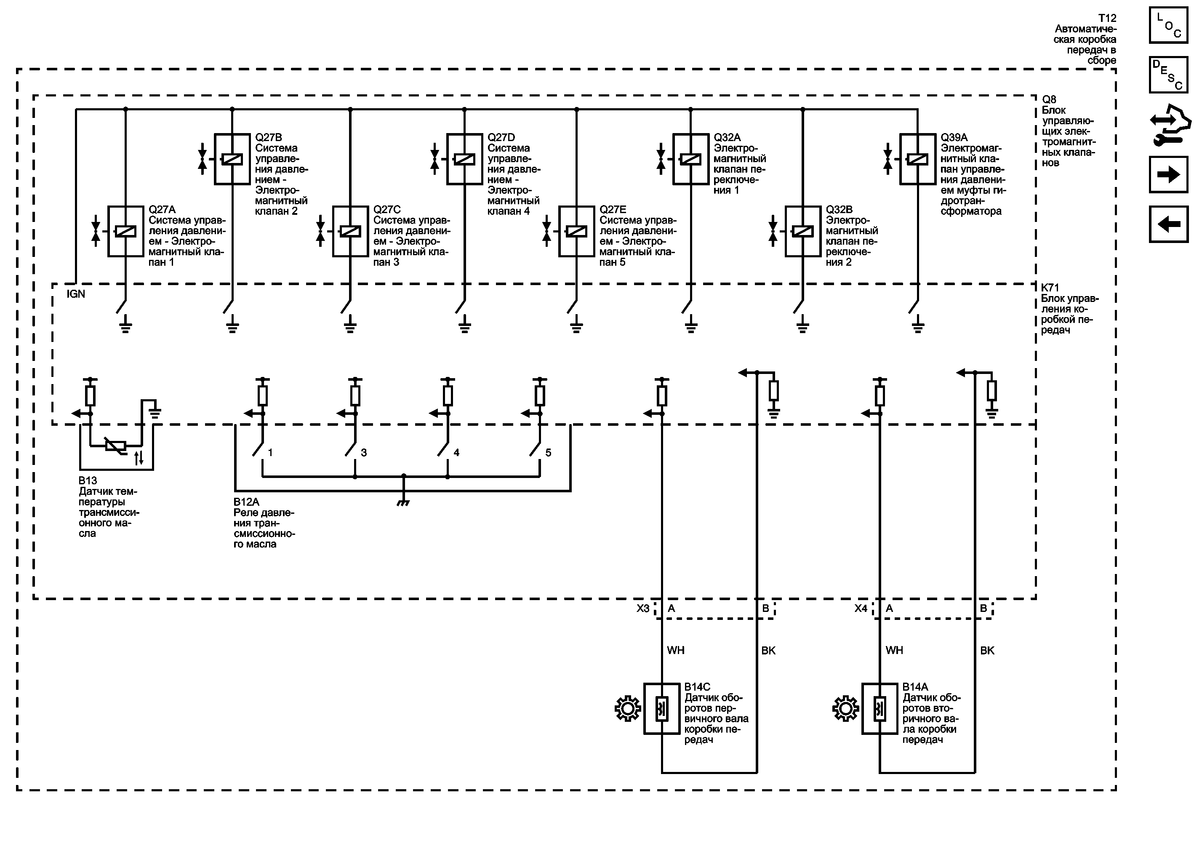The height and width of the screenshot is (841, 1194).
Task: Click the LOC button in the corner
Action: coord(1168,25)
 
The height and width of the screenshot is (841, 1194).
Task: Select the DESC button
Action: coord(1168,75)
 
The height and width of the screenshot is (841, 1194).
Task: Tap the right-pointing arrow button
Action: coord(1168,175)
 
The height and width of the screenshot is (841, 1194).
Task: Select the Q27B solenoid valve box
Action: coord(232,159)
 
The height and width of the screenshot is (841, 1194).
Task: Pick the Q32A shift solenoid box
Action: coord(690,159)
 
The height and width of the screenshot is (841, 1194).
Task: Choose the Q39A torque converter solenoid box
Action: coord(918,159)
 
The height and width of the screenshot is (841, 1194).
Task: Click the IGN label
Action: coord(76,294)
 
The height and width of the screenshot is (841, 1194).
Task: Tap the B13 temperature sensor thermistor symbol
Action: coord(115,445)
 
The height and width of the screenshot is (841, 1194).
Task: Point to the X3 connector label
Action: coord(643,609)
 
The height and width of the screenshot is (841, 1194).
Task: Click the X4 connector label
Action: coord(861,609)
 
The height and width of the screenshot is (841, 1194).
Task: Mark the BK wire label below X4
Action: coord(987,651)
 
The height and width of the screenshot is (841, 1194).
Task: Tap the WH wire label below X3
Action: coord(676,651)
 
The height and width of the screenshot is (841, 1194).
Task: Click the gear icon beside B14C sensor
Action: coord(628,708)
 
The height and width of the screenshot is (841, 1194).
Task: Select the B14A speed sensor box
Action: coord(880,709)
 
